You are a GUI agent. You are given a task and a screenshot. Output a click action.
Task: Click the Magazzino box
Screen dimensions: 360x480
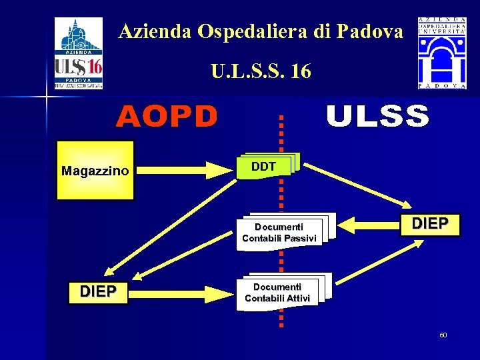pos(95,171)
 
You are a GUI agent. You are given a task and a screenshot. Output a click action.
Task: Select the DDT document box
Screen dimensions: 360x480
pos(265,167)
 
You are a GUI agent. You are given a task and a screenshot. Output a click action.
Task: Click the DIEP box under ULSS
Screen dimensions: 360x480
pos(430,223)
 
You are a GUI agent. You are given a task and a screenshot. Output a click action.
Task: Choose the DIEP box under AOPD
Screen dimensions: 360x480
pos(98,292)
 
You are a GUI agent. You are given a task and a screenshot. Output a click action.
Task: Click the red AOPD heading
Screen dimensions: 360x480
pos(167,117)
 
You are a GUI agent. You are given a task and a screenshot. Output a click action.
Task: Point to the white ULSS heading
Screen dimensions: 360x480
pos(377,117)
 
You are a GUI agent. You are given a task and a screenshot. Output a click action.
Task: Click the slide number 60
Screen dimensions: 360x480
pos(443,335)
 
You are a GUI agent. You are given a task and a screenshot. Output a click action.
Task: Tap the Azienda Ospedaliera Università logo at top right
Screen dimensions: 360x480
pos(442,53)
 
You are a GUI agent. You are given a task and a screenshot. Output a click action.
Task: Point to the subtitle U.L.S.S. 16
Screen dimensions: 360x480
pos(261,71)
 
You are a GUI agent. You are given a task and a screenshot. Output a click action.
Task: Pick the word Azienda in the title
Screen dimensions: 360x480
pos(148,31)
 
